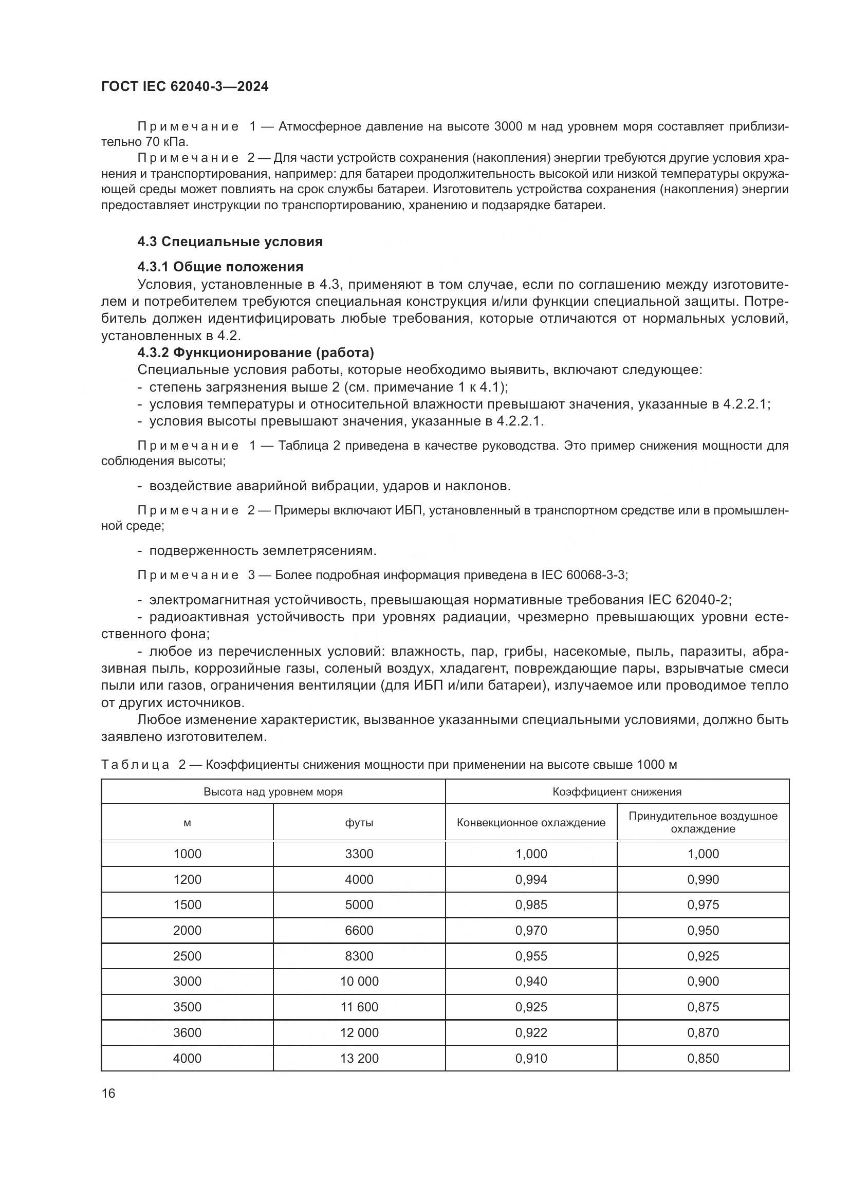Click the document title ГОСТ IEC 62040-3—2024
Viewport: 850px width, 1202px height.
point(185,87)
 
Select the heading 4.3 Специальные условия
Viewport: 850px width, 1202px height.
point(230,242)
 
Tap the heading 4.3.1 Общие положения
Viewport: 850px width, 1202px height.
point(220,267)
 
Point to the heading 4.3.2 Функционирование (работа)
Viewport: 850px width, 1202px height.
point(255,353)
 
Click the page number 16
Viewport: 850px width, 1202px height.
point(108,1093)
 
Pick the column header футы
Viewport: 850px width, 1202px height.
point(359,822)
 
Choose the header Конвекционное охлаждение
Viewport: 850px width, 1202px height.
point(531,822)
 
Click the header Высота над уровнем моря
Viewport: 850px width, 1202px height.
point(273,791)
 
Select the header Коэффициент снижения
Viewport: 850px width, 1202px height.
point(617,791)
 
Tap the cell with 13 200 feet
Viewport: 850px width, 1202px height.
point(359,1058)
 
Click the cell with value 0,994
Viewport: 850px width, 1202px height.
point(531,879)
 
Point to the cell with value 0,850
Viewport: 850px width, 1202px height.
point(703,1058)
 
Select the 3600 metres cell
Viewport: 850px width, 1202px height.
point(187,1032)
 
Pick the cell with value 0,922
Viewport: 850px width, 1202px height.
point(531,1032)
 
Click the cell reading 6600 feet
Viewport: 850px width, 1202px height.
point(359,930)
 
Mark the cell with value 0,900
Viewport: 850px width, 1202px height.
point(703,981)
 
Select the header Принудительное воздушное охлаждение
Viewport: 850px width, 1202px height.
point(703,822)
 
